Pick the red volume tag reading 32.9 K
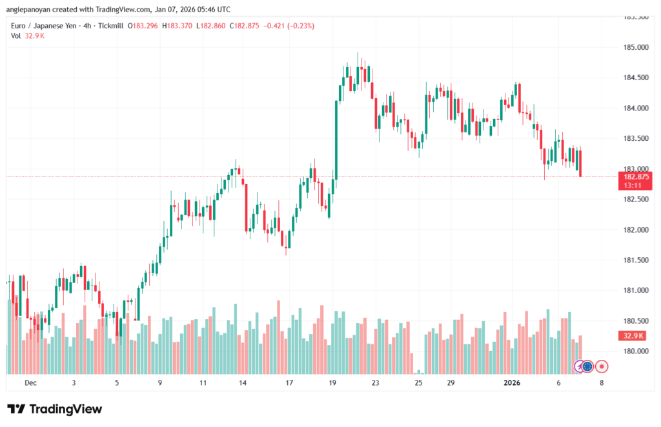coord(633,336)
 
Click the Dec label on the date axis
coord(30,383)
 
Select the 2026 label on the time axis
coord(511,383)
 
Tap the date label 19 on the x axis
coord(332,383)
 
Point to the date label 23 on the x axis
coord(375,383)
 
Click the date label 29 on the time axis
coord(451,383)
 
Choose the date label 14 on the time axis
coord(243,383)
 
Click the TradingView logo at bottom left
coord(54,409)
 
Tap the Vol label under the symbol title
coord(16,36)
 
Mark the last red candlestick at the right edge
coord(581,163)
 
